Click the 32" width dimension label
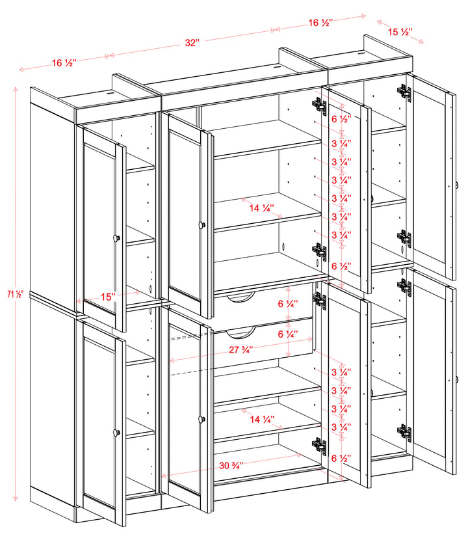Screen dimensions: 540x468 (x=192, y=43)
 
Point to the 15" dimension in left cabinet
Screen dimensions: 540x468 (x=108, y=296)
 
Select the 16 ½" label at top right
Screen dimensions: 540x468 (x=320, y=23)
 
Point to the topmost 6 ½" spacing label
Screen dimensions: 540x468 (x=342, y=119)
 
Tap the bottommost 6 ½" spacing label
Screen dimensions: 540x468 (x=342, y=459)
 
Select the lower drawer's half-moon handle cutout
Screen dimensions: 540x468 (x=240, y=333)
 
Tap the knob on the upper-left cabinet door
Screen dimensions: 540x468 (x=117, y=238)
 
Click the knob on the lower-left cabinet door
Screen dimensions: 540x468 (x=117, y=433)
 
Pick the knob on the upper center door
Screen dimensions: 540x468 (x=202, y=224)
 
